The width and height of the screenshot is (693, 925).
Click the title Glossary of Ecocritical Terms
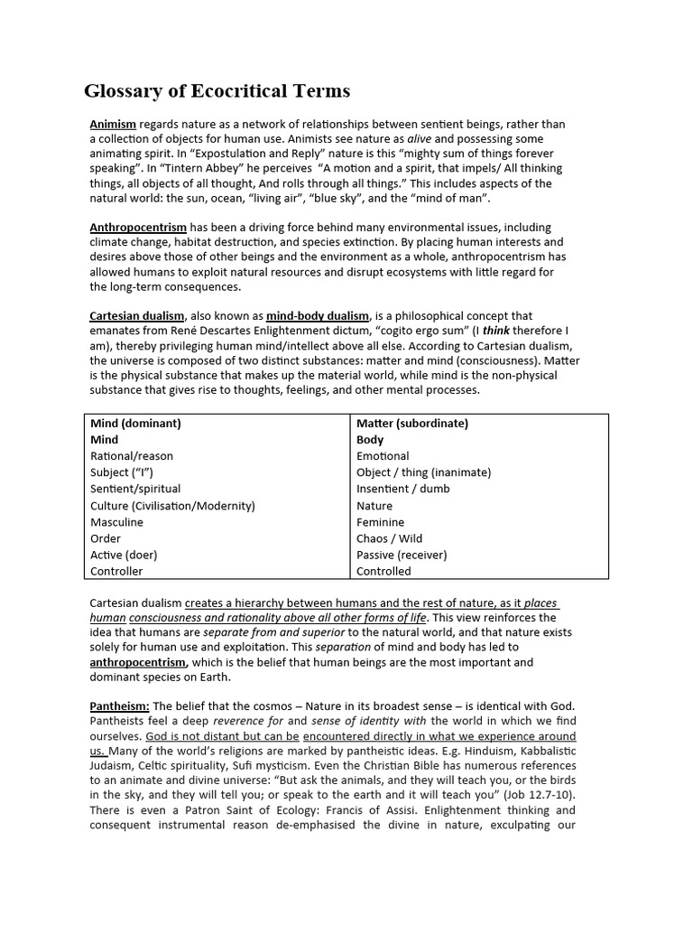217,91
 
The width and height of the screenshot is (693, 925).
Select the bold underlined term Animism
113,124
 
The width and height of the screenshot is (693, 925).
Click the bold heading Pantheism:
119,705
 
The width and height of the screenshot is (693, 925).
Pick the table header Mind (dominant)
135,423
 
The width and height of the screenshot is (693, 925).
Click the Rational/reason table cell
132,456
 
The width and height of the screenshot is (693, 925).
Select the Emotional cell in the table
383,456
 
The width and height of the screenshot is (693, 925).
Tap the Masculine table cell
117,522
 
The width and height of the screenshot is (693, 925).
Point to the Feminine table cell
380,522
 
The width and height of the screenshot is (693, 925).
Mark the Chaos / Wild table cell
389,538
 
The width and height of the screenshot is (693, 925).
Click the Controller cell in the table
116,571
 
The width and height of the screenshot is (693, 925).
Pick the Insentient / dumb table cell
402,489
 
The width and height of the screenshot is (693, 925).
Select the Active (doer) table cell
124,555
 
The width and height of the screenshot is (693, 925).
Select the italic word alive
420,139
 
